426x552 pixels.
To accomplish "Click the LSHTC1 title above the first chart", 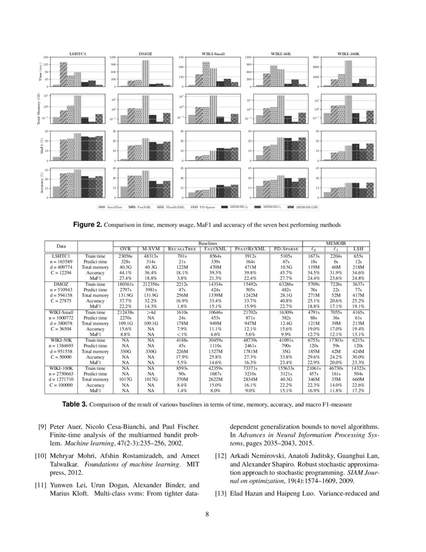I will pos(77,53).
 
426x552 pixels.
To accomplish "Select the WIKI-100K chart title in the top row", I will pos(348,53).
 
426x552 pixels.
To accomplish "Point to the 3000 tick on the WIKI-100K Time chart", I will pos(316,57).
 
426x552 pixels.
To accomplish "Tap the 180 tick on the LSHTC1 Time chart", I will pos(46,57).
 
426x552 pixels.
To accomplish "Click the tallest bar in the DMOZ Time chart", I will pos(145,73).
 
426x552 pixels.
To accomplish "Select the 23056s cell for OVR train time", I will pos(125,256).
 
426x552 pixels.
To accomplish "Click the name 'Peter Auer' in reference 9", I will pos(66,427).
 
